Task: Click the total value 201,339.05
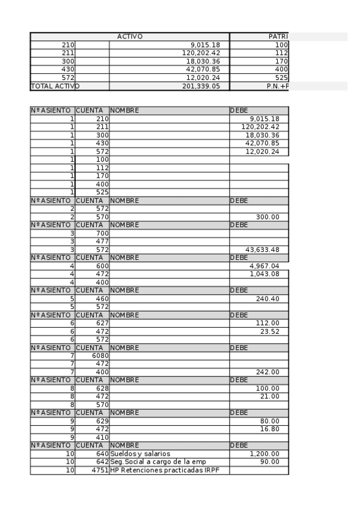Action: coord(201,87)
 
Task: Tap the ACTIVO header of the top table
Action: coord(129,37)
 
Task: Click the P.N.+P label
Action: coord(278,87)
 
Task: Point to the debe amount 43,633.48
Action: coord(264,250)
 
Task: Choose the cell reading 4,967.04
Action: coord(264,266)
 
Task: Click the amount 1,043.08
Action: coord(264,274)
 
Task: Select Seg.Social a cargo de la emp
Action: coord(150,461)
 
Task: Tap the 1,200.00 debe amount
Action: coord(265,453)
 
